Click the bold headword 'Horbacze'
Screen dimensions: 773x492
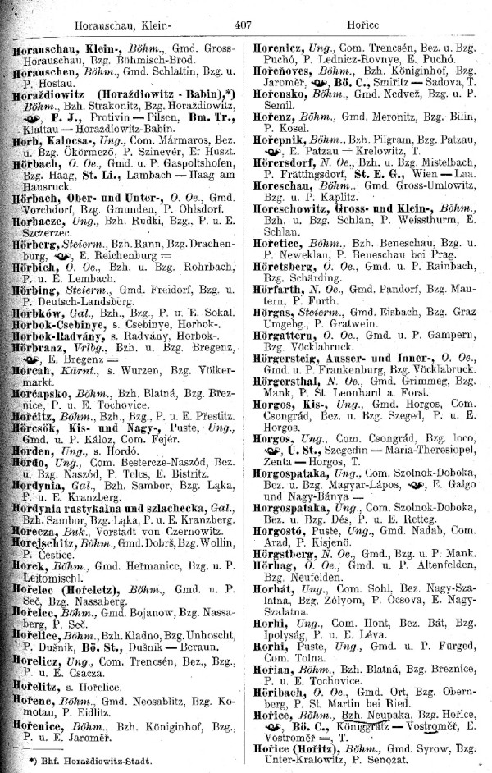(39, 245)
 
